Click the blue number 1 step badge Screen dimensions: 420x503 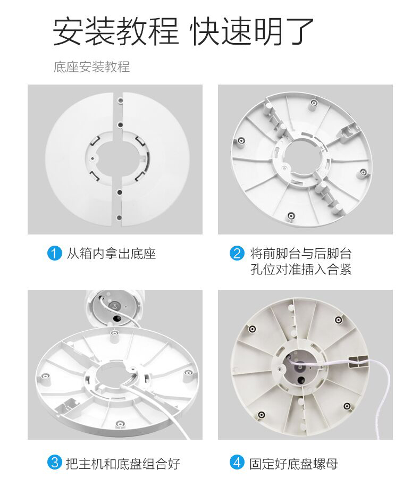(54, 253)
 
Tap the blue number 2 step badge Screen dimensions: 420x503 (237, 253)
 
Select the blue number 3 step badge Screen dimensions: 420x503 (54, 463)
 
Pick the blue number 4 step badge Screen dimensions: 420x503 (237, 463)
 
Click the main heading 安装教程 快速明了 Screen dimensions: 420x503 (183, 31)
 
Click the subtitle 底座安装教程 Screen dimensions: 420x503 (92, 67)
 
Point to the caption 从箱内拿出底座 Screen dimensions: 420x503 (111, 254)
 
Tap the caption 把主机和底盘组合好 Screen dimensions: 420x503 (123, 464)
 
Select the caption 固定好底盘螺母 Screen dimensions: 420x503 (293, 464)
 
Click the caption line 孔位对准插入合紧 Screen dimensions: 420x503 (301, 269)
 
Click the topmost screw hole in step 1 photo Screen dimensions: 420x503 (121, 100)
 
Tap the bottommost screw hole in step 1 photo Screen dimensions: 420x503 (119, 217)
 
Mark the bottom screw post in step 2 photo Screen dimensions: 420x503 (291, 215)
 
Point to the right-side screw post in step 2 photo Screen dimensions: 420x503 (363, 172)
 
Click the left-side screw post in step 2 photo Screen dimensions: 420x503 (241, 140)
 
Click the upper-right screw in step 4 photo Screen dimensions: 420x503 (339, 320)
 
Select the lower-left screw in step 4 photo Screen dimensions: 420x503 (262, 414)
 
